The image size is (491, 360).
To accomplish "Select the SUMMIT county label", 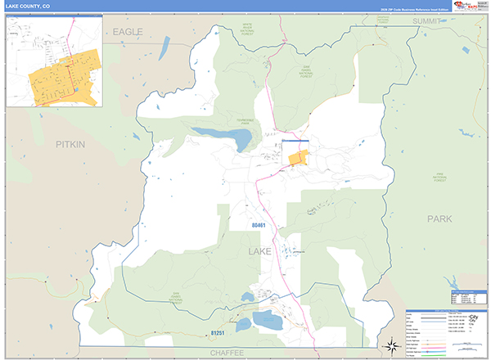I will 426,20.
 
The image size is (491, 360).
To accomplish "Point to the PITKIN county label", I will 70,143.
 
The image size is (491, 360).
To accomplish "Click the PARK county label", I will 439,218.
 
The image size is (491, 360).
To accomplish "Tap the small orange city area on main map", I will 300,158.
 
